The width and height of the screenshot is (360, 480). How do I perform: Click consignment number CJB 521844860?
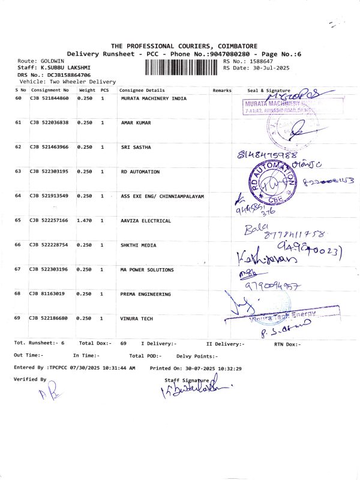[49, 98]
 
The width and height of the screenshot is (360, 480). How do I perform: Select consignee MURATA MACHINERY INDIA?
[154, 98]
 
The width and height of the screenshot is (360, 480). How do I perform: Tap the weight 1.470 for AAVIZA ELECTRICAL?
[85, 221]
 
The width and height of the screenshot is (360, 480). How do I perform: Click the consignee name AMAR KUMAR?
[136, 122]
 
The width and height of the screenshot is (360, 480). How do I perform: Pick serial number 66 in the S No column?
[18, 245]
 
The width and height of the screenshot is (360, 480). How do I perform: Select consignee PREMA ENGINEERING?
[146, 294]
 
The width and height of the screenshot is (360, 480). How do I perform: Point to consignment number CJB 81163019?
[48, 294]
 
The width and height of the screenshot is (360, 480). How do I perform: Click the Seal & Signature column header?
[268, 90]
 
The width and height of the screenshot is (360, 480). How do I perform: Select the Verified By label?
[30, 379]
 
